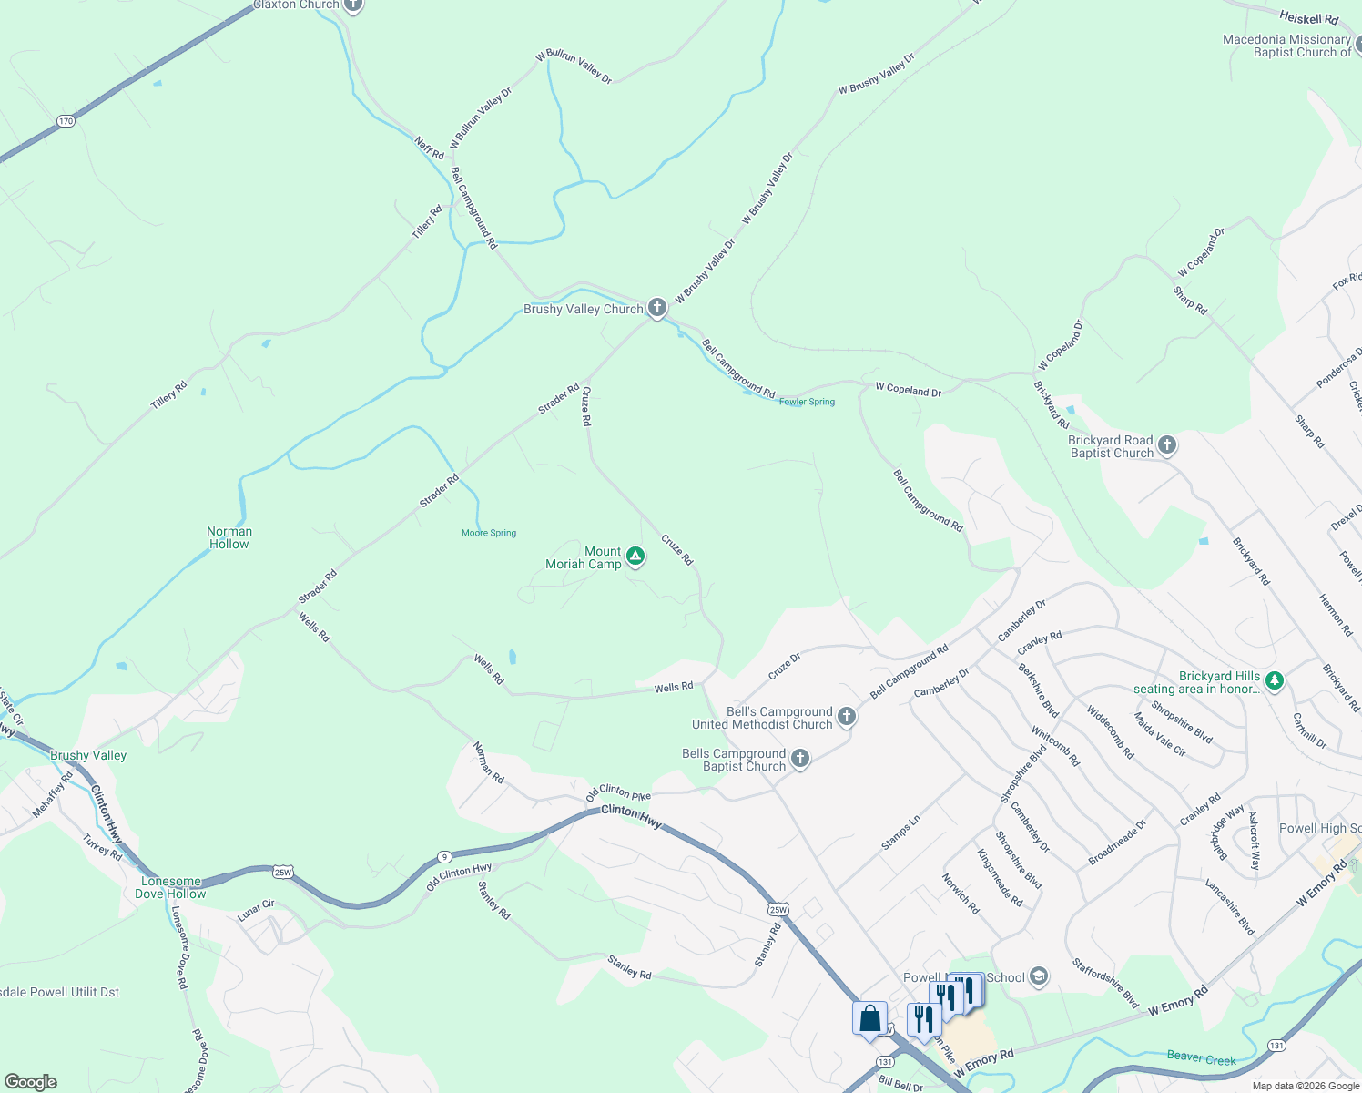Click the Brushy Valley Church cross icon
657,309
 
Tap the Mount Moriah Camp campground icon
635,557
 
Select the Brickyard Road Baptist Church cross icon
1167,445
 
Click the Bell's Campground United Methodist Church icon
847,717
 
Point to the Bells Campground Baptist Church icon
799,759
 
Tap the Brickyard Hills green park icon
1275,680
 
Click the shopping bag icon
869,1018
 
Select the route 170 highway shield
65,121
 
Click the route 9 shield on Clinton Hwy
443,856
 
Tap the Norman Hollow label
229,537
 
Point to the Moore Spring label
489,533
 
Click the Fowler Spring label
807,402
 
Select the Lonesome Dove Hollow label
170,887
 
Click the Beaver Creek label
1201,1058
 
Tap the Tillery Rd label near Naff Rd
426,221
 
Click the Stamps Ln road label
900,833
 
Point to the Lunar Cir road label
256,910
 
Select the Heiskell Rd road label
1308,18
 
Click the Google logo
31,1081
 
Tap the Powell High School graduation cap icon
1038,977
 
